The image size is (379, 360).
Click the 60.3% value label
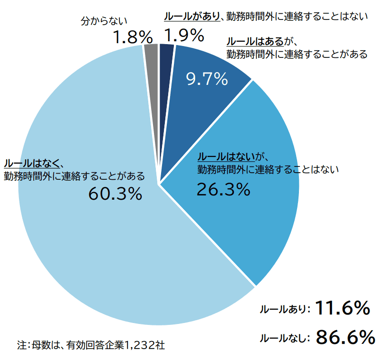(115, 194)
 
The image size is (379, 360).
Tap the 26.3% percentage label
(223, 190)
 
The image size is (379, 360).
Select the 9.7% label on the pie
(207, 79)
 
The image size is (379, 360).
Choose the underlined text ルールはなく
(31, 164)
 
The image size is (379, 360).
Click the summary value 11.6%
(342, 308)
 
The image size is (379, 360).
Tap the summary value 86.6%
(345, 337)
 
